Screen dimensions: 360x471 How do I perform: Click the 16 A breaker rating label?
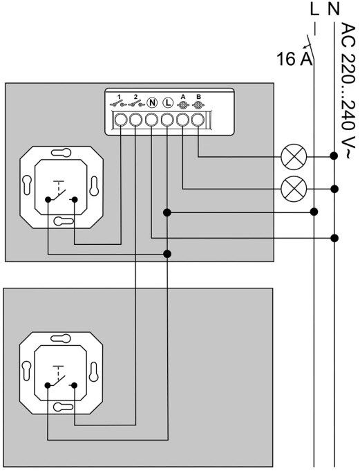pos(294,59)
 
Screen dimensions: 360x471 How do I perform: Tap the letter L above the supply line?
pos(314,9)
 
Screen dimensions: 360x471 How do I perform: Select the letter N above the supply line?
pos(334,9)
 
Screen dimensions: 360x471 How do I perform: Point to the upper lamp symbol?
pos(294,156)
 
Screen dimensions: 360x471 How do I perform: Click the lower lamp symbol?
pos(294,189)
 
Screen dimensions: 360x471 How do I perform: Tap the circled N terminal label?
pos(152,103)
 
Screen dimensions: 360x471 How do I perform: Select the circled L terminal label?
pos(168,103)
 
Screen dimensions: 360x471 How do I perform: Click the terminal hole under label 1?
pos(120,120)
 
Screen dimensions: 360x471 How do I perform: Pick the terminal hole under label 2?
pos(135,120)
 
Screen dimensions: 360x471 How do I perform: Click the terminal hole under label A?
pos(182,120)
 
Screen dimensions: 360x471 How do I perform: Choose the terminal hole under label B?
pos(198,120)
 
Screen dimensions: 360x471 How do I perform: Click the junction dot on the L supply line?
pos(314,212)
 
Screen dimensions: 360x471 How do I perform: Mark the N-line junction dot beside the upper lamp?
pos(334,156)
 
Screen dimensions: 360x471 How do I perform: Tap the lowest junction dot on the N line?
pos(334,238)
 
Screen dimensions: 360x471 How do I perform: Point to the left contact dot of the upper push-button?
pos(48,199)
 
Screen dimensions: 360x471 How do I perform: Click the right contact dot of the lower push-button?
pos(75,385)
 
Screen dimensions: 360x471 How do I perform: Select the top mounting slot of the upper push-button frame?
pos(61,152)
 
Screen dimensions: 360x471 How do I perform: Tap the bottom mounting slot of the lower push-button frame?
pos(64,407)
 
